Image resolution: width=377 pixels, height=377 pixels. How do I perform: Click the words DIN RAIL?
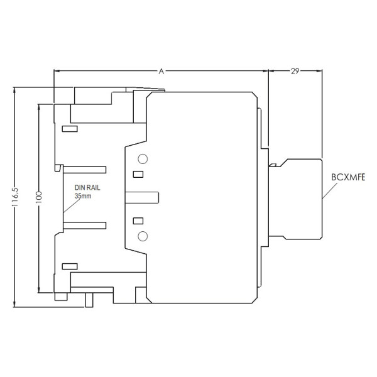click(x=87, y=188)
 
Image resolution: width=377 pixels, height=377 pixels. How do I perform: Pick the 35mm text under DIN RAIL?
click(x=83, y=196)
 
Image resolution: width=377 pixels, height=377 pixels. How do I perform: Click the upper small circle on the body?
click(x=143, y=158)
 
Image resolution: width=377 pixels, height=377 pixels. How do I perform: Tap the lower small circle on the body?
click(x=143, y=236)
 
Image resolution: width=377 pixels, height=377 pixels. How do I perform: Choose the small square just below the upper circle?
click(x=139, y=174)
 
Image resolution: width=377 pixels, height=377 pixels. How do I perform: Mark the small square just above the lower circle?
click(x=139, y=221)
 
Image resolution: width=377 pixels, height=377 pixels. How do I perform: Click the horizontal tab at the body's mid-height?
click(x=142, y=197)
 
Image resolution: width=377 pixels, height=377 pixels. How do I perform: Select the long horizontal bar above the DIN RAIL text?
click(x=84, y=170)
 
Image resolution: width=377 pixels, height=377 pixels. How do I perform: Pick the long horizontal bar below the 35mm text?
click(x=84, y=224)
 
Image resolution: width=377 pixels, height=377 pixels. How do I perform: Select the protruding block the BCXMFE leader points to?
click(x=300, y=197)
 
